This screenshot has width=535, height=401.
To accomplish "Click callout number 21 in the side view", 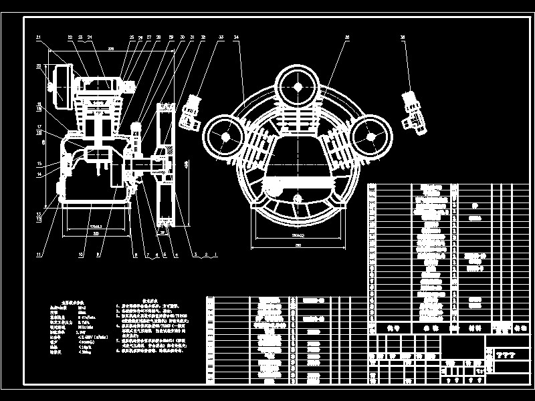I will (x=39, y=37).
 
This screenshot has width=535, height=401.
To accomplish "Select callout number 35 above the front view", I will (x=347, y=37).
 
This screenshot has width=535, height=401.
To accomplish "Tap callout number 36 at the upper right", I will (x=403, y=37).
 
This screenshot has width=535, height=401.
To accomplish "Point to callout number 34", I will (x=237, y=37).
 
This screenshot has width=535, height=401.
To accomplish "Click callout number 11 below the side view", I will (x=39, y=255).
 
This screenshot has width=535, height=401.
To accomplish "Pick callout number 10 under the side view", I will (x=81, y=255).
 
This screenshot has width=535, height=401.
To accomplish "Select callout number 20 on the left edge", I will (x=39, y=65).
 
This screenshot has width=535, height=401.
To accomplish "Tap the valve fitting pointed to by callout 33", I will (x=193, y=111).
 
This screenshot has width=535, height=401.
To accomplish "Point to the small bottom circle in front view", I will (x=298, y=198).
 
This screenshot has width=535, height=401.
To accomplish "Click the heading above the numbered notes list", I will (x=148, y=301).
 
